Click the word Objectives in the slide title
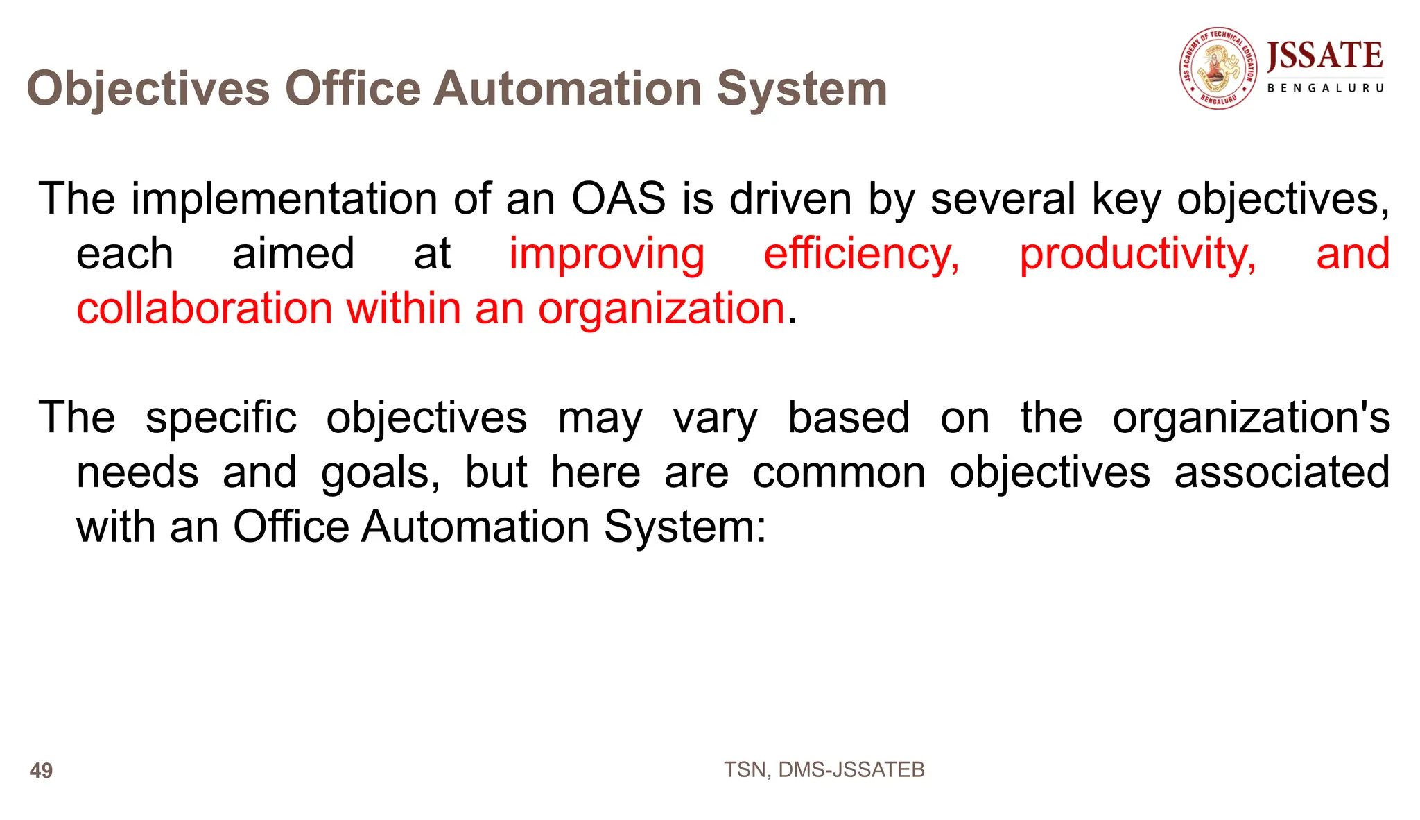tap(148, 89)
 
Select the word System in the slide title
tap(802, 89)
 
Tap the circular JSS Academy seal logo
tap(1219, 68)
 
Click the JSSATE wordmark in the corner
tap(1325, 55)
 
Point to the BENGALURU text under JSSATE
tap(1325, 88)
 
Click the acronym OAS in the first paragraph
tap(618, 199)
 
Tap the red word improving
tap(607, 254)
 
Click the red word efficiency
tap(861, 254)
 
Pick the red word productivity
tap(1137, 254)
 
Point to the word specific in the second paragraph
tap(221, 418)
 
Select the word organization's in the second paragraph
tap(1251, 418)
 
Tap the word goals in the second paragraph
tap(380, 472)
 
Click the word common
tap(839, 472)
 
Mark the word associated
tap(1281, 472)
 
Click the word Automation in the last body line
tap(476, 527)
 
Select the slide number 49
tap(42, 770)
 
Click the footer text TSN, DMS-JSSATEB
tap(824, 769)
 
